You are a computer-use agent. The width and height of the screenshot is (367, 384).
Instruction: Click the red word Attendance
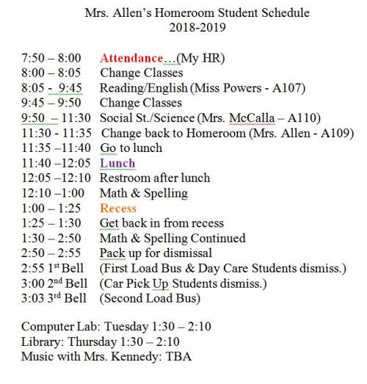131,57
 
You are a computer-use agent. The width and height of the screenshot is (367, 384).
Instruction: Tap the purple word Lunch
117,163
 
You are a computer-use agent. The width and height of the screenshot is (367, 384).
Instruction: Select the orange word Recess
118,209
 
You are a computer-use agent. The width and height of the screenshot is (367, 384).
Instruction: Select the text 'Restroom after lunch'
155,178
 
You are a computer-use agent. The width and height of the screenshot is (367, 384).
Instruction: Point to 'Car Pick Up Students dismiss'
183,283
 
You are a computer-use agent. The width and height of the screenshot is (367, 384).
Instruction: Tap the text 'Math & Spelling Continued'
172,239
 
